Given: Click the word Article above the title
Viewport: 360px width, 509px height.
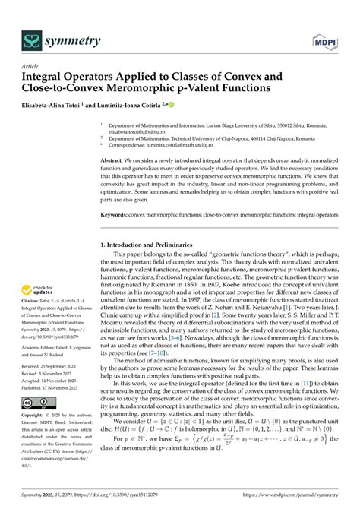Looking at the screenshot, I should click(31, 67).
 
